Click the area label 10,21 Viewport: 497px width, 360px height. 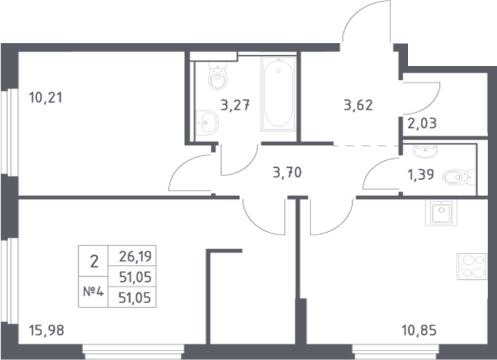pos(46,98)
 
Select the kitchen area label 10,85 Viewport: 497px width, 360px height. pos(419,328)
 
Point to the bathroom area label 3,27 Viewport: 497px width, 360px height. pos(238,105)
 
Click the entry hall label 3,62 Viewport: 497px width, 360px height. pos(358,105)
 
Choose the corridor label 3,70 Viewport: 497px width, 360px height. pos(288,170)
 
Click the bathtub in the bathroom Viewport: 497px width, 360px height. pos(278,95)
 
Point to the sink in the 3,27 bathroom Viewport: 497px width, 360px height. pos(206,120)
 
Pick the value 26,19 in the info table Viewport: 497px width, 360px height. pos(132,257)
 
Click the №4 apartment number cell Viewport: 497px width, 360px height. pos(93,291)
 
